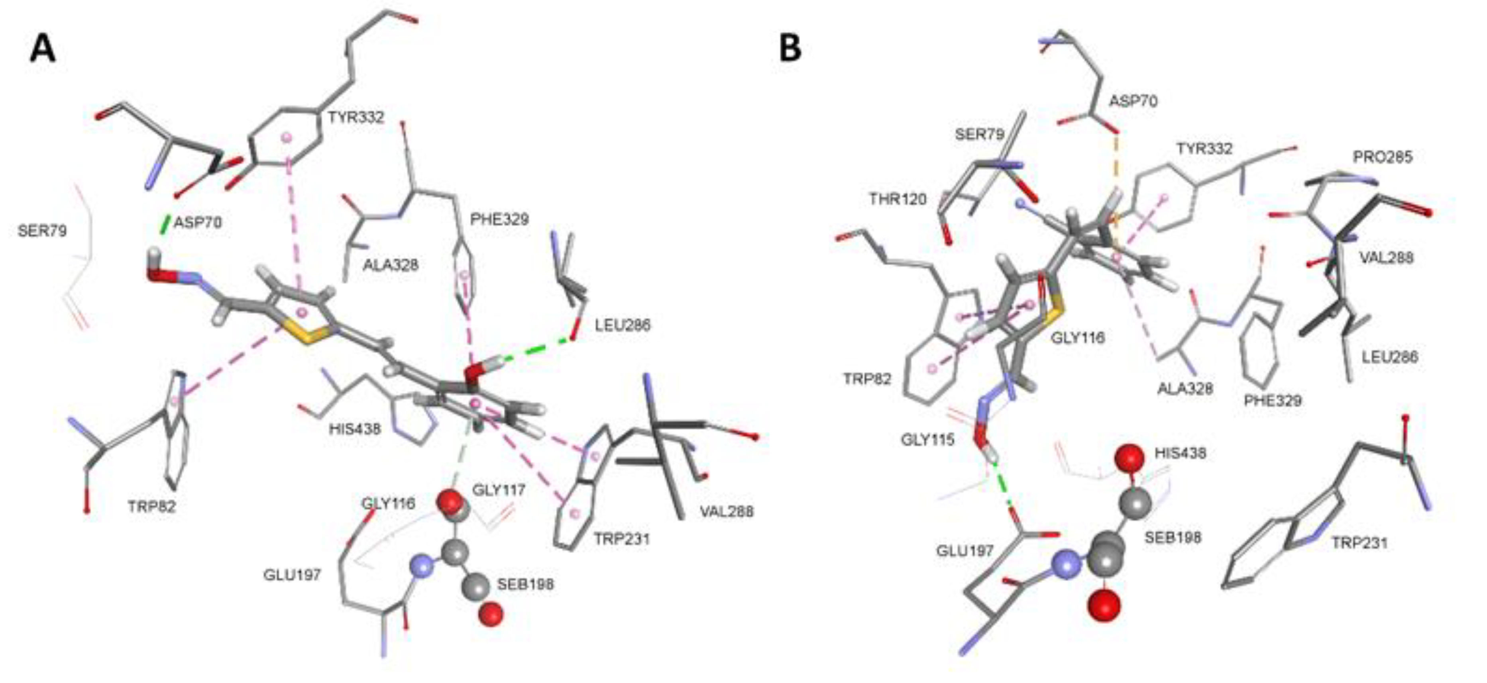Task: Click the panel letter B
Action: [x=790, y=49]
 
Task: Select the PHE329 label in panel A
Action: [x=499, y=220]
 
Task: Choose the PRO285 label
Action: [x=1383, y=157]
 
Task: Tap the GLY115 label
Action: [x=928, y=440]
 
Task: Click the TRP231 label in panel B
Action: [x=1359, y=543]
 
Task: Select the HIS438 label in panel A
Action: [x=355, y=429]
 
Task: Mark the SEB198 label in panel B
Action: [x=1173, y=538]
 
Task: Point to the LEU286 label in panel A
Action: [x=623, y=325]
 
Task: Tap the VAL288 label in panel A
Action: [x=727, y=512]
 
